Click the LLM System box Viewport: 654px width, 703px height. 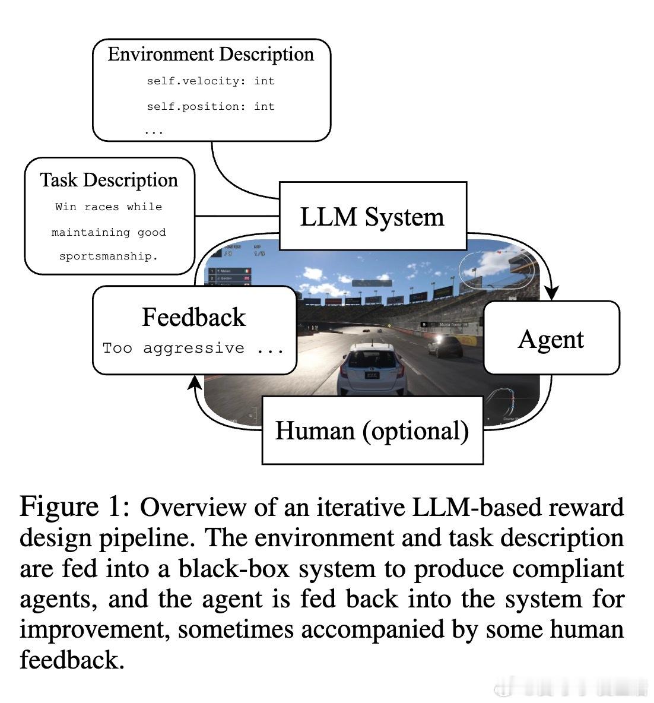click(x=372, y=216)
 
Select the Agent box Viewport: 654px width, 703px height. click(x=551, y=338)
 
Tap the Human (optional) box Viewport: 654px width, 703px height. click(x=372, y=430)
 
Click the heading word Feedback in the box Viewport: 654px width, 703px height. click(x=193, y=317)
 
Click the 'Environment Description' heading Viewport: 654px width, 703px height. click(x=211, y=54)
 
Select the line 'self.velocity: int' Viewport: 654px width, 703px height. click(x=211, y=81)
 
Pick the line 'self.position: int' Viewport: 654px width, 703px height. click(x=211, y=107)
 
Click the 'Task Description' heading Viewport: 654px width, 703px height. click(x=109, y=180)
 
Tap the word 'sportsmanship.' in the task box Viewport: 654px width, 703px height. click(x=109, y=257)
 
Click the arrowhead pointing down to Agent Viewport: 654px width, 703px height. click(x=552, y=293)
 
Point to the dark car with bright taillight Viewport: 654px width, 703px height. click(x=446, y=346)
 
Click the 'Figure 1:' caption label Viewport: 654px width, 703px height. click(x=75, y=507)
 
